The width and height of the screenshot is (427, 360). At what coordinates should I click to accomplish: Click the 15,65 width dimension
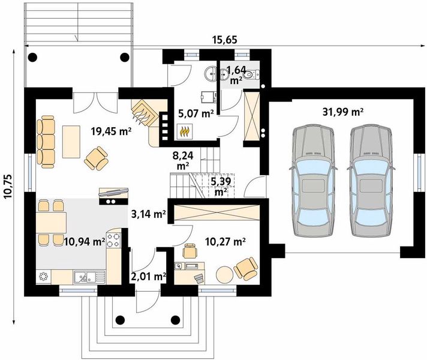pyautogui.click(x=225, y=40)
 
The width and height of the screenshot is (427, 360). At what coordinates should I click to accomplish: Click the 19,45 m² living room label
pyautogui.click(x=111, y=130)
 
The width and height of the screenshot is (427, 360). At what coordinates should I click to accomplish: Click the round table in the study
pyautogui.click(x=224, y=273)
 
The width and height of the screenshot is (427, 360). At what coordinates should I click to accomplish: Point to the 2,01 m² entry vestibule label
pyautogui.click(x=148, y=277)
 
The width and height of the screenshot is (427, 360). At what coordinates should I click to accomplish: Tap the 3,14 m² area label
pyautogui.click(x=148, y=212)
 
